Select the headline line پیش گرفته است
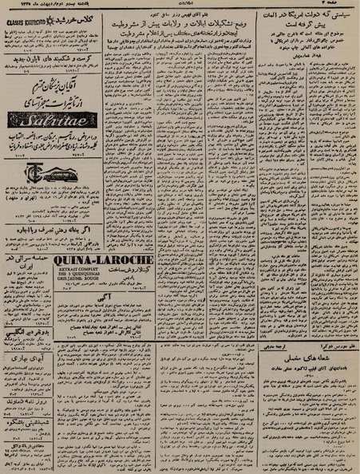click(x=310, y=31)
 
